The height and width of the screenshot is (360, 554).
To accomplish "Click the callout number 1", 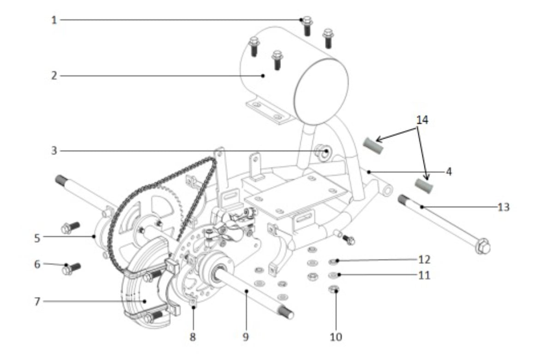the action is [54, 20].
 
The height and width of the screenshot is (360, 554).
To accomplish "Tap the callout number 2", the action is [54, 76].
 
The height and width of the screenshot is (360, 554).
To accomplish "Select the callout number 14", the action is [422, 120].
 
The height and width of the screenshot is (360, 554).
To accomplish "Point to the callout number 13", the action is [504, 207].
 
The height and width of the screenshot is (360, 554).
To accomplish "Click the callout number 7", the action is [37, 302].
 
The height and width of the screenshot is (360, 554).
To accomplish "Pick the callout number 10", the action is [336, 337].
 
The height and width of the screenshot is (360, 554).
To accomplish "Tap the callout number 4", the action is [449, 172].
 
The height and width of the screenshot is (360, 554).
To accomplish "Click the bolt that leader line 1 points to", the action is [307, 25].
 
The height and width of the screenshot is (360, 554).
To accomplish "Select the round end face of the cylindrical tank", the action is [321, 92].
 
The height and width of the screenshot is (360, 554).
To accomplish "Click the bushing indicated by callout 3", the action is [323, 152].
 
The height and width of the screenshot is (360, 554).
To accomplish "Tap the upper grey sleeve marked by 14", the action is [373, 146].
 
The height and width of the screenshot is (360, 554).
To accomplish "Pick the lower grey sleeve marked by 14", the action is [424, 186].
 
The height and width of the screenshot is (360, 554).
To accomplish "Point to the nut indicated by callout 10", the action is [334, 289].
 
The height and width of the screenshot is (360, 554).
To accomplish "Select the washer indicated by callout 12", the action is [333, 261].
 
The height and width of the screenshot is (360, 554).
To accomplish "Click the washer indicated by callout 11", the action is [333, 275].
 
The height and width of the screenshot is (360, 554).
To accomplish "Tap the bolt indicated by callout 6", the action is [71, 269].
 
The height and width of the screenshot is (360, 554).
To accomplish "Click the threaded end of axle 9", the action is [286, 312].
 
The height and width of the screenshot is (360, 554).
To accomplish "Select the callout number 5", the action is [37, 238].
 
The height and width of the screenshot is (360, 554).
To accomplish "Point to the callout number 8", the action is [193, 337].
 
